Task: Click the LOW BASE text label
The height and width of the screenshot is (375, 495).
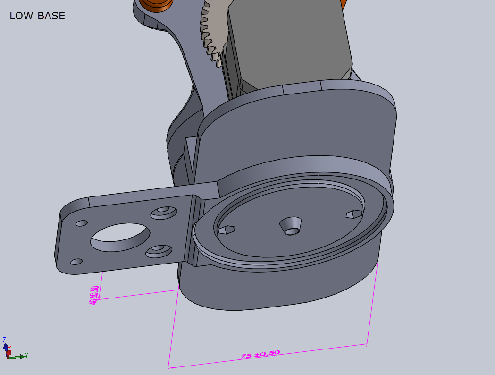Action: pos(37,16)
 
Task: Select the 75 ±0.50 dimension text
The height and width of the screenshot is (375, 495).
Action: pos(260,354)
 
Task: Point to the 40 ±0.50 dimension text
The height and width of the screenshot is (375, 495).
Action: pos(94,294)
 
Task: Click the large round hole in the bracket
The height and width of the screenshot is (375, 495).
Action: pos(121,237)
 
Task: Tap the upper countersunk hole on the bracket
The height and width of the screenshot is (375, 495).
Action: pos(163,211)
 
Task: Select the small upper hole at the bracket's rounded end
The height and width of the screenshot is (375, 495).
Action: pos(81,222)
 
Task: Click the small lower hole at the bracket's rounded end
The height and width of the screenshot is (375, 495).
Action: pos(76,261)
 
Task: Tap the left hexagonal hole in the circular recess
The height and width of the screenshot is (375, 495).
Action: pos(227,230)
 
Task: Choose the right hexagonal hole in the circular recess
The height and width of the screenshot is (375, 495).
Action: pos(353,214)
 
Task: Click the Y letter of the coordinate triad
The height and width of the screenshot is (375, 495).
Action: pos(27,355)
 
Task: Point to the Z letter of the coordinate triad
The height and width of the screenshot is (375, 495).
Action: pos(4,340)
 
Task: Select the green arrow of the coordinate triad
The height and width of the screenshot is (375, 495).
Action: pos(18,357)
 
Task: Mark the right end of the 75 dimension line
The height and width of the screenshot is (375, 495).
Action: pos(367,344)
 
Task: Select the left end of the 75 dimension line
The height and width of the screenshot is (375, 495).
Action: pos(168,367)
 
